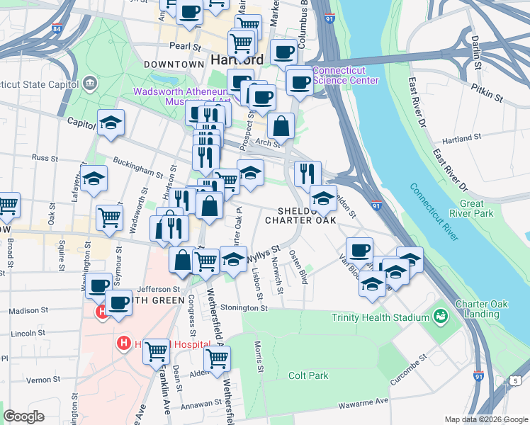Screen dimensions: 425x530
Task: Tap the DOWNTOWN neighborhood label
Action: (x=174, y=64)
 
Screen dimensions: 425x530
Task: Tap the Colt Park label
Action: (x=308, y=375)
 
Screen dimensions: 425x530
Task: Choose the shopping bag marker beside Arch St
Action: (x=281, y=127)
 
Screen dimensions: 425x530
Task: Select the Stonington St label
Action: (x=242, y=308)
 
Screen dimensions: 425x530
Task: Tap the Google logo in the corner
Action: (x=23, y=416)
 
